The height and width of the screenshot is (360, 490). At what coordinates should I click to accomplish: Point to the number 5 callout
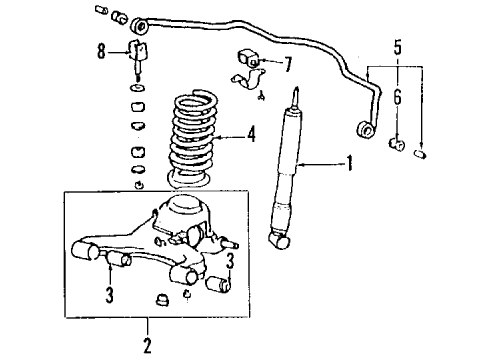(398, 46)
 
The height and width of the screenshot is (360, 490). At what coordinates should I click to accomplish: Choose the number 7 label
(287, 65)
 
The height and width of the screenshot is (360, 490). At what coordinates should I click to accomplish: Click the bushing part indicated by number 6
(395, 148)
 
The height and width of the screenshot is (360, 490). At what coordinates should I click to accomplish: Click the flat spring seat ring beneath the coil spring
(190, 187)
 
